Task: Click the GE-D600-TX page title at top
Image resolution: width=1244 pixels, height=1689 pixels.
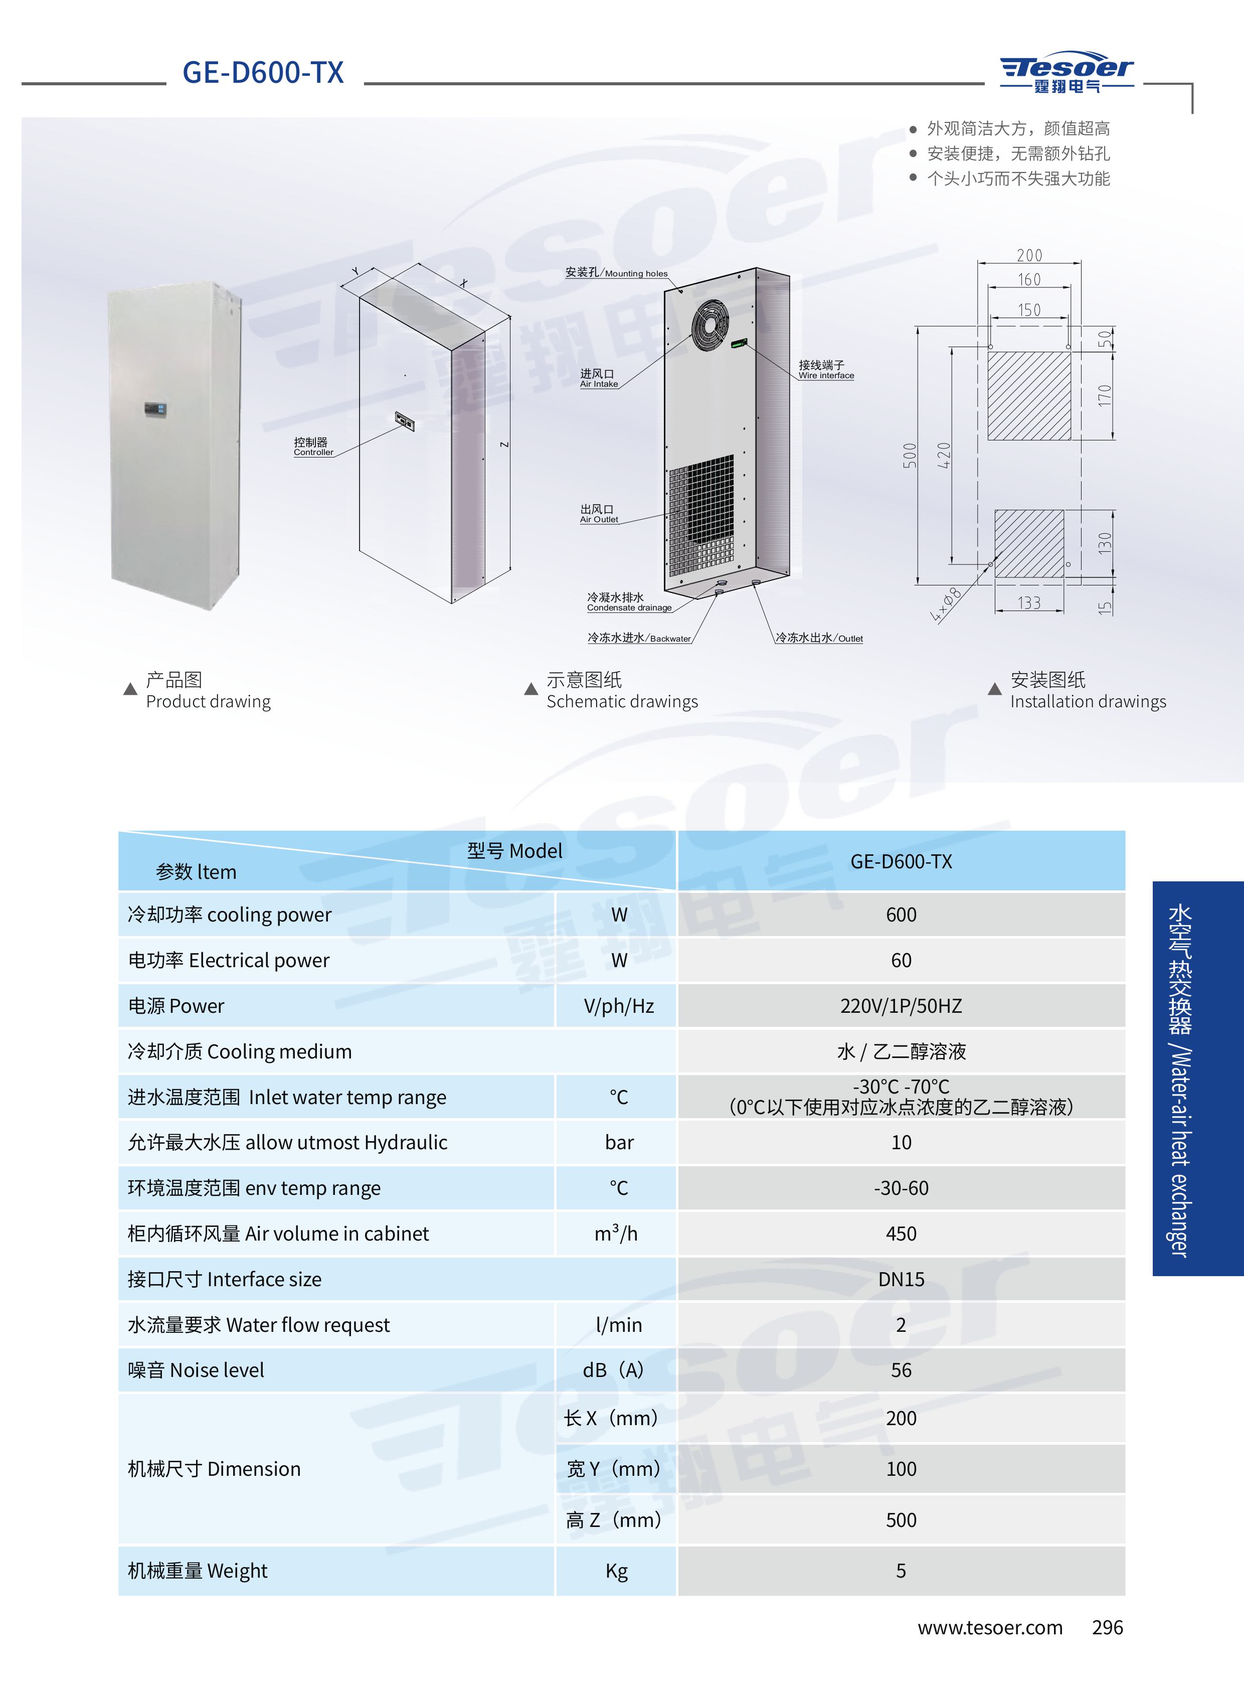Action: pos(263,72)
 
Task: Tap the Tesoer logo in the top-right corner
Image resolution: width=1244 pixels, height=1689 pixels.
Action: pos(1067,74)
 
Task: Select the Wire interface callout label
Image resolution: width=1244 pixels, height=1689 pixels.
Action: pos(826,370)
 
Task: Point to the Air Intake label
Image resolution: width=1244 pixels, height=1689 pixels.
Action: pos(599,378)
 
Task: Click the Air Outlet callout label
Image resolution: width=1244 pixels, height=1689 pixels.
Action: pos(599,514)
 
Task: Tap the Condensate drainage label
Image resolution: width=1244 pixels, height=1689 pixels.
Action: pos(629,602)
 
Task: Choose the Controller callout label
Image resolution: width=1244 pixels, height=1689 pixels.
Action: pos(313,447)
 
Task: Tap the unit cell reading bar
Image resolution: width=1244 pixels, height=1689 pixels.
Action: pos(619,1142)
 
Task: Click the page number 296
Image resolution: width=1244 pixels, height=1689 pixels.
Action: pos(1107,1627)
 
